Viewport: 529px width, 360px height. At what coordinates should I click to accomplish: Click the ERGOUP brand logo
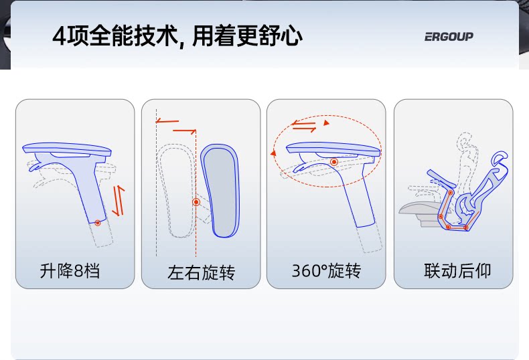(449, 36)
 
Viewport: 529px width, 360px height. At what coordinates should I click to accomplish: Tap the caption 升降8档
(70, 271)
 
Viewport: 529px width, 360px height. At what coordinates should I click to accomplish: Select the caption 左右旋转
(201, 272)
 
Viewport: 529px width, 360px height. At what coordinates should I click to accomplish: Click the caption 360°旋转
(326, 271)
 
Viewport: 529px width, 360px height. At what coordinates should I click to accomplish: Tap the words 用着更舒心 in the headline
(247, 35)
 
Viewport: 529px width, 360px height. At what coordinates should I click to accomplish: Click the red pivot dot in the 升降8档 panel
(98, 222)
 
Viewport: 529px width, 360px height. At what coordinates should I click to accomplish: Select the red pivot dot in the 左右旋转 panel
(196, 201)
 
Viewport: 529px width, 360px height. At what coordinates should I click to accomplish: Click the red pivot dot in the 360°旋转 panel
(333, 162)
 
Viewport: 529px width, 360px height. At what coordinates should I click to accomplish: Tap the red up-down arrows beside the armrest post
(118, 200)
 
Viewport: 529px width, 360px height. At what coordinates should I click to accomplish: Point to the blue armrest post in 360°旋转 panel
(358, 201)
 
